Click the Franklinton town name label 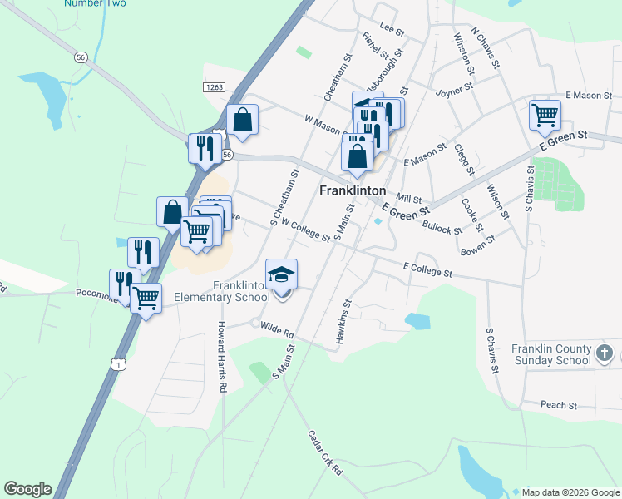pyautogui.click(x=353, y=190)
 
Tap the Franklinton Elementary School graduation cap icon pyautogui.click(x=281, y=274)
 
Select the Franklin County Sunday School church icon pyautogui.click(x=605, y=354)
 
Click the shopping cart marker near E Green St pyautogui.click(x=545, y=114)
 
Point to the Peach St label pyautogui.click(x=559, y=405)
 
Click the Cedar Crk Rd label pyautogui.click(x=325, y=452)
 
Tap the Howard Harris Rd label pyautogui.click(x=222, y=357)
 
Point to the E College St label pyautogui.click(x=427, y=270)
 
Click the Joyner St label pyautogui.click(x=455, y=86)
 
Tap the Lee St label pyautogui.click(x=391, y=31)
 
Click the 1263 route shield pyautogui.click(x=213, y=86)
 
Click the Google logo pyautogui.click(x=27, y=489)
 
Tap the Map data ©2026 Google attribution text pyautogui.click(x=570, y=491)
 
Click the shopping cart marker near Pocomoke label pyautogui.click(x=146, y=296)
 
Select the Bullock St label pyautogui.click(x=442, y=226)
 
